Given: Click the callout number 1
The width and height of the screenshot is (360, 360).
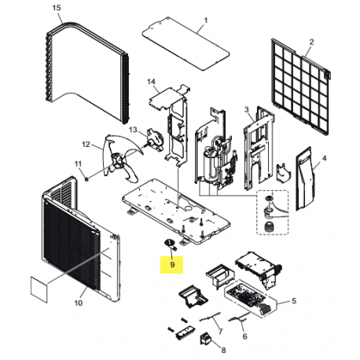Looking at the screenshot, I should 184,18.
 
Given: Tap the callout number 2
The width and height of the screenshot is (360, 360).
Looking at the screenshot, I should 311,41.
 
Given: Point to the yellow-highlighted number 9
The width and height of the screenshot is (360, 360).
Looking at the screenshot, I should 171,266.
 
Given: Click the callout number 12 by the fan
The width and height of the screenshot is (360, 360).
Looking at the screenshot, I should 86,144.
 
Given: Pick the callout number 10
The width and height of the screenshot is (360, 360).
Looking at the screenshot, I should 79,303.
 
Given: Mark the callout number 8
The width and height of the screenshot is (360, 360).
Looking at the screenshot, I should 223,351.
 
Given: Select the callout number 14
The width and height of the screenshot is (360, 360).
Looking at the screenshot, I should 152,82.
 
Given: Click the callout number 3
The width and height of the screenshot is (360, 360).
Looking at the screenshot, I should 246,109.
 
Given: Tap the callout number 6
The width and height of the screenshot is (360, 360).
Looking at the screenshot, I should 244,335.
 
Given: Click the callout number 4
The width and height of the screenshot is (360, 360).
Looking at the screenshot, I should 324,156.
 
